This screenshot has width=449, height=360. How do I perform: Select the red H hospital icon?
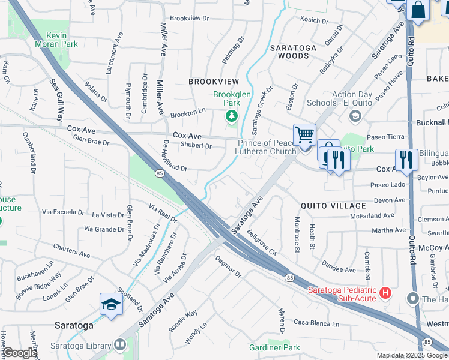pyautogui.click(x=385, y=293)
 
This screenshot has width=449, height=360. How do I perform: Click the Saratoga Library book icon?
pyautogui.click(x=120, y=345)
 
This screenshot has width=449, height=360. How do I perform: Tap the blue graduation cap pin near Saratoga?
pyautogui.click(x=112, y=305)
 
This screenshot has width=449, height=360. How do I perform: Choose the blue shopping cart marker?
pyautogui.click(x=305, y=135)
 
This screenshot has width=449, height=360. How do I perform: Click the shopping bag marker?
pyautogui.click(x=418, y=11)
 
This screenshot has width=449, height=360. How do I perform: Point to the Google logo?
pyautogui.click(x=20, y=353)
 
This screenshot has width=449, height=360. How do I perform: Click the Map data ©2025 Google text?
pyautogui.click(x=412, y=355)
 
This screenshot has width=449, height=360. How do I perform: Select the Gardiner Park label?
pyautogui.click(x=274, y=347)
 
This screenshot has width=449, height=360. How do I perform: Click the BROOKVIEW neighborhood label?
pyautogui.click(x=214, y=81)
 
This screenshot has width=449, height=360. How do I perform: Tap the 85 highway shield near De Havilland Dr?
pyautogui.click(x=159, y=173)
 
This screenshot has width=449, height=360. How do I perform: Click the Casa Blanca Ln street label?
pyautogui.click(x=316, y=323)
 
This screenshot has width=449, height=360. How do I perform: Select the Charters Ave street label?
pyautogui.click(x=71, y=251)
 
